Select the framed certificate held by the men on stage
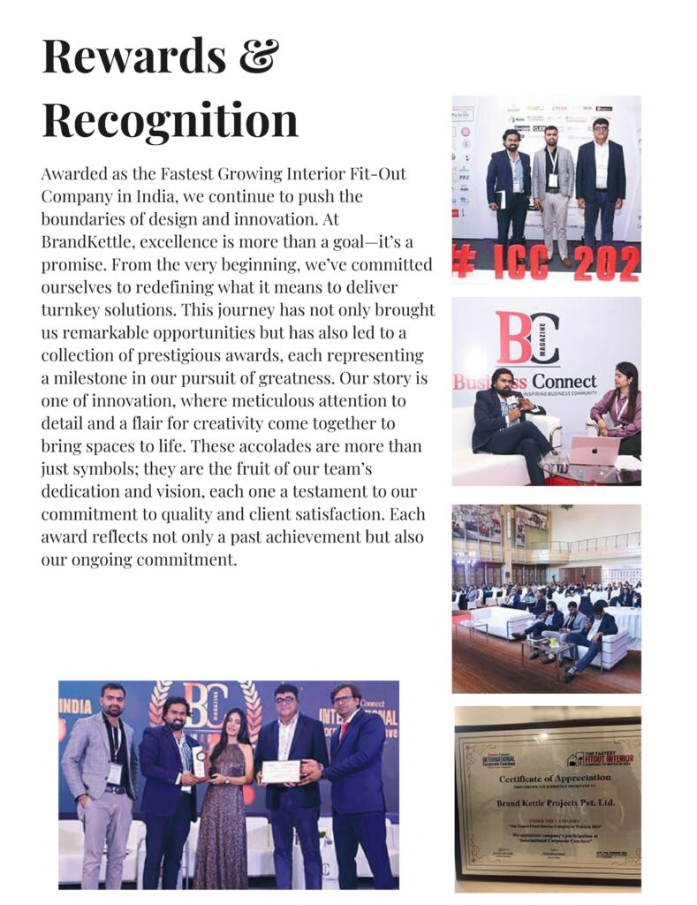point(281,772)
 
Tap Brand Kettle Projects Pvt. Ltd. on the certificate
point(544,804)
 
